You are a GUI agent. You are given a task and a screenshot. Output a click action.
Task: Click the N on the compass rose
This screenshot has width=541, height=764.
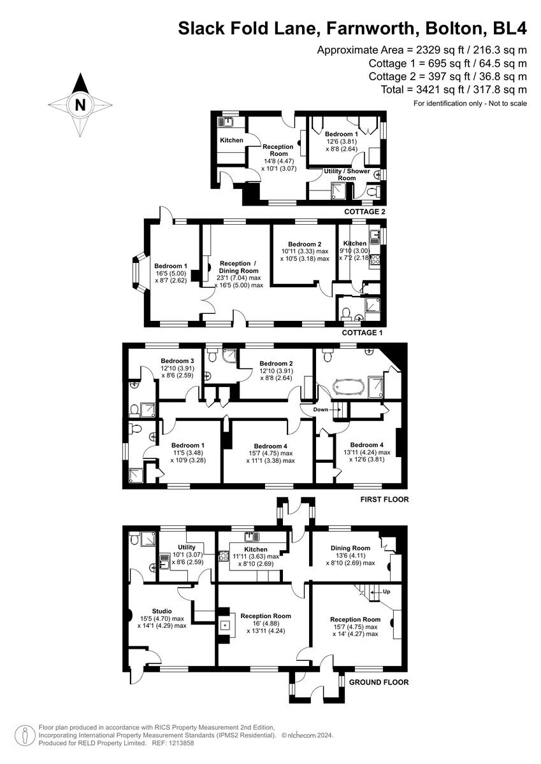coord(80,104)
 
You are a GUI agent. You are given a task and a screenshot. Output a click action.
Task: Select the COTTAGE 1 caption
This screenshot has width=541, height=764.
coord(364,333)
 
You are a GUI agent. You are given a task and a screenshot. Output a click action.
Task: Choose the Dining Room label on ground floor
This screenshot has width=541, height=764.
coord(350,548)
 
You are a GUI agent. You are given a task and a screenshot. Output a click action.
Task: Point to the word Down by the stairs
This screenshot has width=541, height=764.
coord(321,409)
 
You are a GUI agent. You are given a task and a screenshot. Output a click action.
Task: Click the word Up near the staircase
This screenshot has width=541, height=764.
coord(386,591)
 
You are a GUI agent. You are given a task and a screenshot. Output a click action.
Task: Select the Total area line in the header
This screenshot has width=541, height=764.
coord(454,89)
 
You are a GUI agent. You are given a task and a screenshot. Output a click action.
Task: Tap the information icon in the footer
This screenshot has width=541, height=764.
coord(24,735)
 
